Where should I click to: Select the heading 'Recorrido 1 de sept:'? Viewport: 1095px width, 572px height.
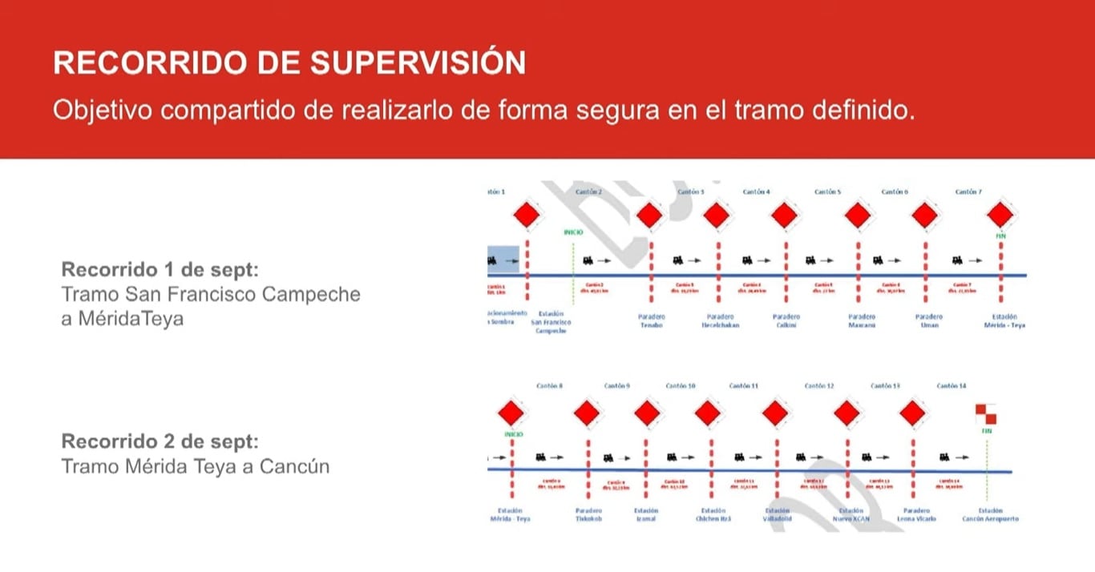click(160, 268)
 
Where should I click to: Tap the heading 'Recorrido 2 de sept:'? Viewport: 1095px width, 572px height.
click(160, 441)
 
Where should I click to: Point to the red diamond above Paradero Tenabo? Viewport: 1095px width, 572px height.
click(650, 216)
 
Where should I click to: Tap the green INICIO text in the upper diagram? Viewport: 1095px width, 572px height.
click(572, 232)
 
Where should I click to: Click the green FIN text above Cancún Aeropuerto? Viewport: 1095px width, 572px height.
click(987, 431)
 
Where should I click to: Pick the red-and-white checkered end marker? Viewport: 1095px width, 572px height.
click(986, 413)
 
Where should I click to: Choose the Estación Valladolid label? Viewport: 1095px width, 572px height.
click(777, 515)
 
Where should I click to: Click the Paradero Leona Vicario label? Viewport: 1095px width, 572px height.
click(916, 515)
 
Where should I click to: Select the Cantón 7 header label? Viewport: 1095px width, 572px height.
click(968, 192)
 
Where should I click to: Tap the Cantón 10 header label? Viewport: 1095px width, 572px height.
click(681, 386)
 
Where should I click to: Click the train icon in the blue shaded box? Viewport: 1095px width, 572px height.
click(503, 260)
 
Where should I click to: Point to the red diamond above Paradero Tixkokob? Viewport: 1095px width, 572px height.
click(588, 413)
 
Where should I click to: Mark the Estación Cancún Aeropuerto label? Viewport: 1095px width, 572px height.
click(991, 515)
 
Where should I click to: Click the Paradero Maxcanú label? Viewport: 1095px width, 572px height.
click(862, 321)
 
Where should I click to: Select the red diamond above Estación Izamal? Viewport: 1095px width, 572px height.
click(646, 413)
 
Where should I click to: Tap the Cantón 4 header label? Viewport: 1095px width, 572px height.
click(756, 192)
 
